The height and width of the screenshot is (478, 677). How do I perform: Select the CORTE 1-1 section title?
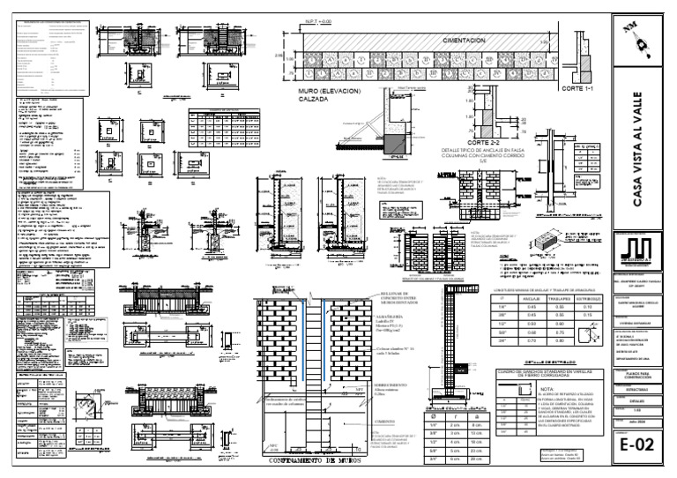pyautogui.click(x=581, y=90)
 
